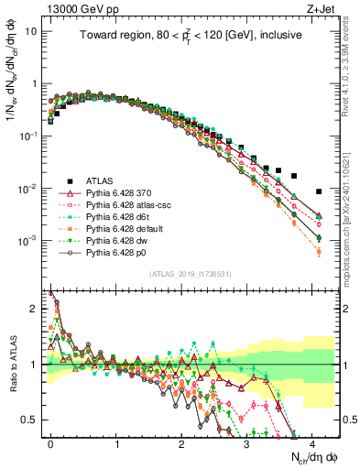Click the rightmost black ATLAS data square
318,191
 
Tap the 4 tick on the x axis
311,444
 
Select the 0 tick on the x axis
51,444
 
